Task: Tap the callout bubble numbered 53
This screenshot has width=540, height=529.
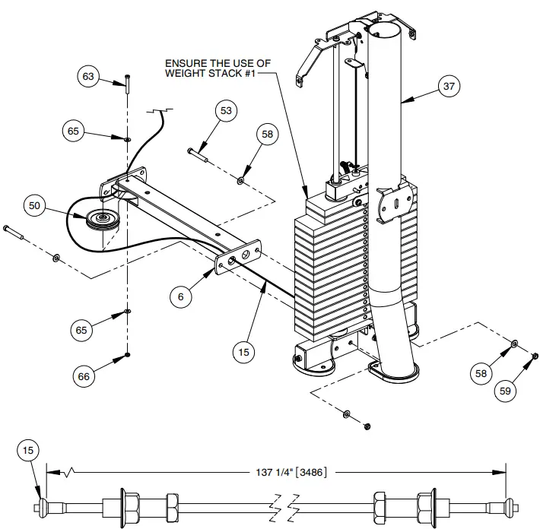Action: (226, 111)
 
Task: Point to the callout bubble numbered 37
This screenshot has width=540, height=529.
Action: (450, 87)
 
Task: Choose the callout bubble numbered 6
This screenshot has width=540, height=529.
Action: (181, 297)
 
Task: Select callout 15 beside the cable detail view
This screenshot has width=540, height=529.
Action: (27, 451)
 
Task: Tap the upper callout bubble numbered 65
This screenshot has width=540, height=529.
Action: (74, 131)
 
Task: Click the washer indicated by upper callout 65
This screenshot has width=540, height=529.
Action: (127, 139)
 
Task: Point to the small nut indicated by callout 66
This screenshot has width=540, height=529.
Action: (127, 355)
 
